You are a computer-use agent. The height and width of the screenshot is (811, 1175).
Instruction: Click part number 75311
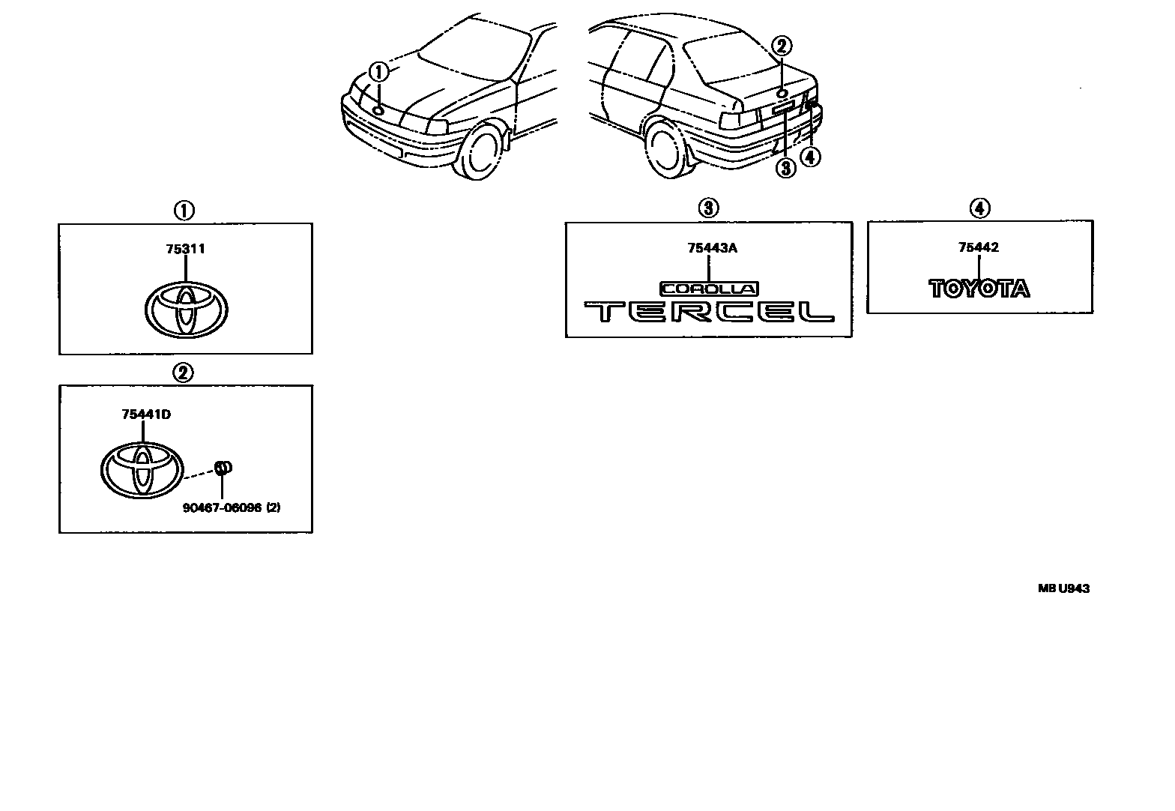pos(185,250)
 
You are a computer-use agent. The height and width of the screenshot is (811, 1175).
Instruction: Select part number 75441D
pos(146,414)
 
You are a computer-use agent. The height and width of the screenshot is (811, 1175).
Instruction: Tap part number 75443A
pos(712,248)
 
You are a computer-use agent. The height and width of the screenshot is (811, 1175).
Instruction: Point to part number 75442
pos(979,247)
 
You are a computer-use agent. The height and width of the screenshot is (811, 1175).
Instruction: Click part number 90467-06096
pos(222,507)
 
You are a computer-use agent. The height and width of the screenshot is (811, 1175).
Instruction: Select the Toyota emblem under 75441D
pos(142,468)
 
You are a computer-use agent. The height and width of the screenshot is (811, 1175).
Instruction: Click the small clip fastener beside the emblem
pos(223,468)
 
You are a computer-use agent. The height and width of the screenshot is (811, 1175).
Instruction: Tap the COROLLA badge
pos(709,289)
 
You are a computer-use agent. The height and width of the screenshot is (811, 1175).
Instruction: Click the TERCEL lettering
pos(709,312)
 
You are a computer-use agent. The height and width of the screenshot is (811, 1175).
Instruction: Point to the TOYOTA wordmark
pos(979,289)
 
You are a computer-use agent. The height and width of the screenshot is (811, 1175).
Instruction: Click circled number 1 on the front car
pos(379,72)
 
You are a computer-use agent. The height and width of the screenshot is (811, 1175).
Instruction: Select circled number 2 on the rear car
pos(781,46)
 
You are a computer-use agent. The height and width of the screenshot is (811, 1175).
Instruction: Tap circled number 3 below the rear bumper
pos(785,168)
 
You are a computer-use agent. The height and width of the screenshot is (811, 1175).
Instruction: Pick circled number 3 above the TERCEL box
pos(709,208)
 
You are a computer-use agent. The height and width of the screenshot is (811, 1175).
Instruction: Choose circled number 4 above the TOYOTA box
pos(979,208)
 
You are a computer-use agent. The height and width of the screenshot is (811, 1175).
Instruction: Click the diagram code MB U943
pos(1063,588)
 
